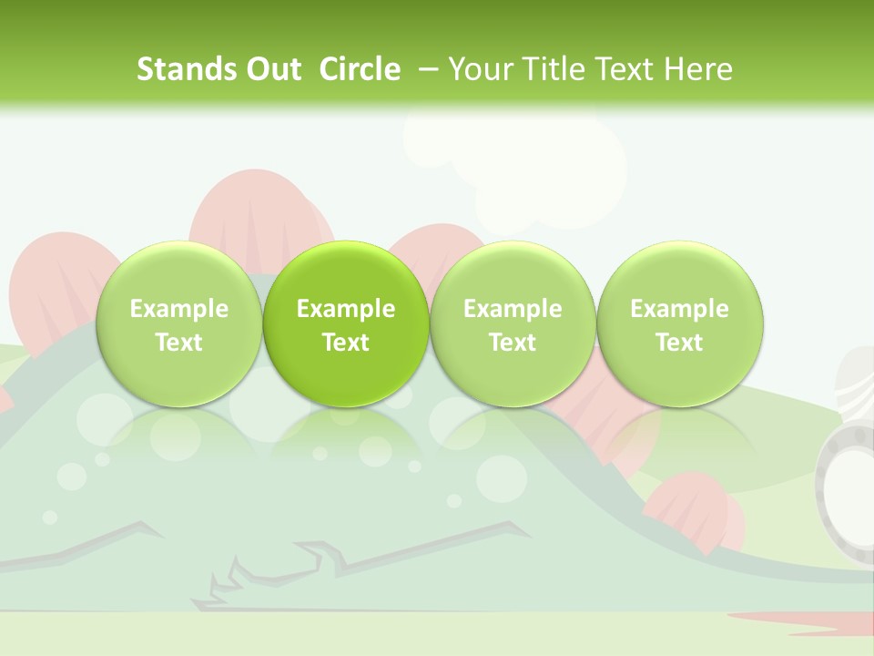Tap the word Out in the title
pos(271,69)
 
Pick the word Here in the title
pos(697,69)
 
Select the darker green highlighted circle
pos(346,323)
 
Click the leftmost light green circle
pos(179,323)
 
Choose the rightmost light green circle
pos(680,323)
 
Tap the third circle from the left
pos(513,323)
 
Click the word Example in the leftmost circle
pos(179,309)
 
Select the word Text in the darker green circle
pos(346,343)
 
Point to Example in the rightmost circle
pos(680,309)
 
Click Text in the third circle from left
pos(513,343)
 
